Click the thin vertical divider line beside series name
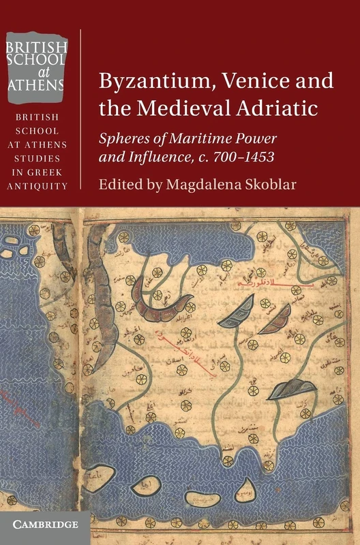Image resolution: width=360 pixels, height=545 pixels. point(81,109)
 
